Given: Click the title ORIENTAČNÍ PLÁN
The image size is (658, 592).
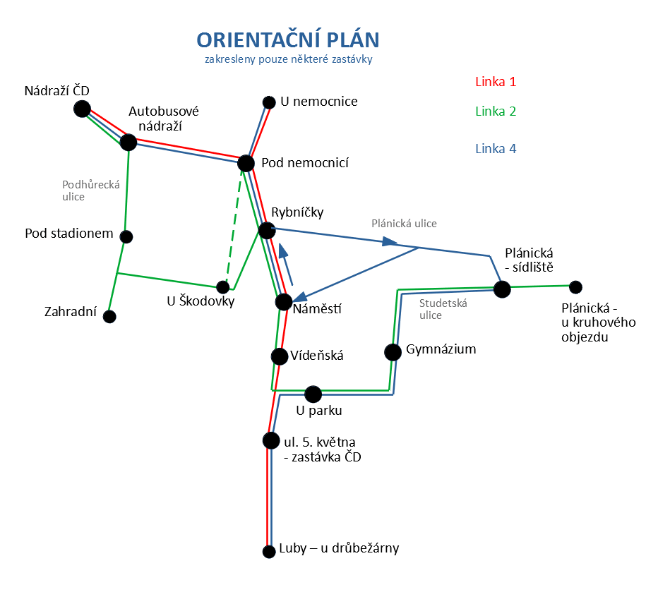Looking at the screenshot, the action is click(288, 40).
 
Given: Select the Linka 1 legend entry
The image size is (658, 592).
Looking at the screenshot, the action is click(496, 82).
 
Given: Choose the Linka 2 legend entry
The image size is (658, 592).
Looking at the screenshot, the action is click(496, 111).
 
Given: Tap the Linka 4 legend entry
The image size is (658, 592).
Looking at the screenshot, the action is click(496, 149).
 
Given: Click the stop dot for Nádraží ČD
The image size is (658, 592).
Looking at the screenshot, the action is click(82, 109).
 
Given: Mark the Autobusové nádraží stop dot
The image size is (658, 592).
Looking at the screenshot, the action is click(128, 142).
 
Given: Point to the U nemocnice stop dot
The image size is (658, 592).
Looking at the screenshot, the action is click(269, 102).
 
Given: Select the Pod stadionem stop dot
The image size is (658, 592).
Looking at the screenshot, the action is click(126, 237).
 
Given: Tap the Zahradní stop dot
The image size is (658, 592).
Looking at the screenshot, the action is click(109, 317).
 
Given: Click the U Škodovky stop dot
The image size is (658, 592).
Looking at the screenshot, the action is click(223, 287).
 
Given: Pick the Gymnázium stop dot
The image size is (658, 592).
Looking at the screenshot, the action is click(393, 352).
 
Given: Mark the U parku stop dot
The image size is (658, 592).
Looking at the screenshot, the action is click(313, 394).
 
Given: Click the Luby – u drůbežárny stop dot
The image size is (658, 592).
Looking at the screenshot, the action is click(269, 551).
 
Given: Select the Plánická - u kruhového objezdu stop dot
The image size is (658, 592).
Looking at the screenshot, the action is click(576, 287).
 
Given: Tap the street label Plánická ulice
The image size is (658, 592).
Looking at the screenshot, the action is click(404, 224).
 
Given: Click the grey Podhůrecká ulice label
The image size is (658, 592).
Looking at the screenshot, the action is click(91, 191).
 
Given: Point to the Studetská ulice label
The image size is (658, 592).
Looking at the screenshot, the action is click(443, 309).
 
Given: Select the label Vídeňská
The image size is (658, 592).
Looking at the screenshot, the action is click(317, 356).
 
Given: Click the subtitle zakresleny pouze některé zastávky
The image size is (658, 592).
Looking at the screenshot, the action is click(289, 59).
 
